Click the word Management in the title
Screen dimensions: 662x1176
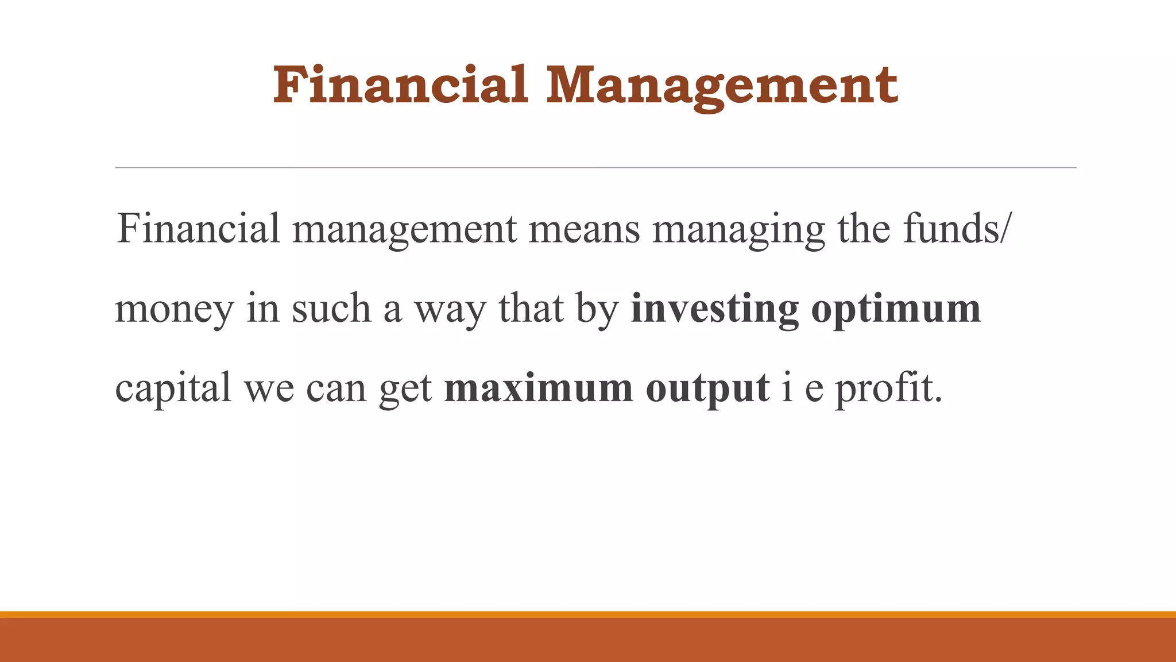point(722,86)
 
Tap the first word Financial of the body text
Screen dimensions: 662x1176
point(198,228)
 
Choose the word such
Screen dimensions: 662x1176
point(331,308)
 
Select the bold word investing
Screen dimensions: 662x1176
point(714,309)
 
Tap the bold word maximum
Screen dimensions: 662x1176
point(539,388)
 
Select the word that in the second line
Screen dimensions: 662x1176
point(531,308)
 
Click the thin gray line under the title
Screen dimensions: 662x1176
point(595,168)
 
